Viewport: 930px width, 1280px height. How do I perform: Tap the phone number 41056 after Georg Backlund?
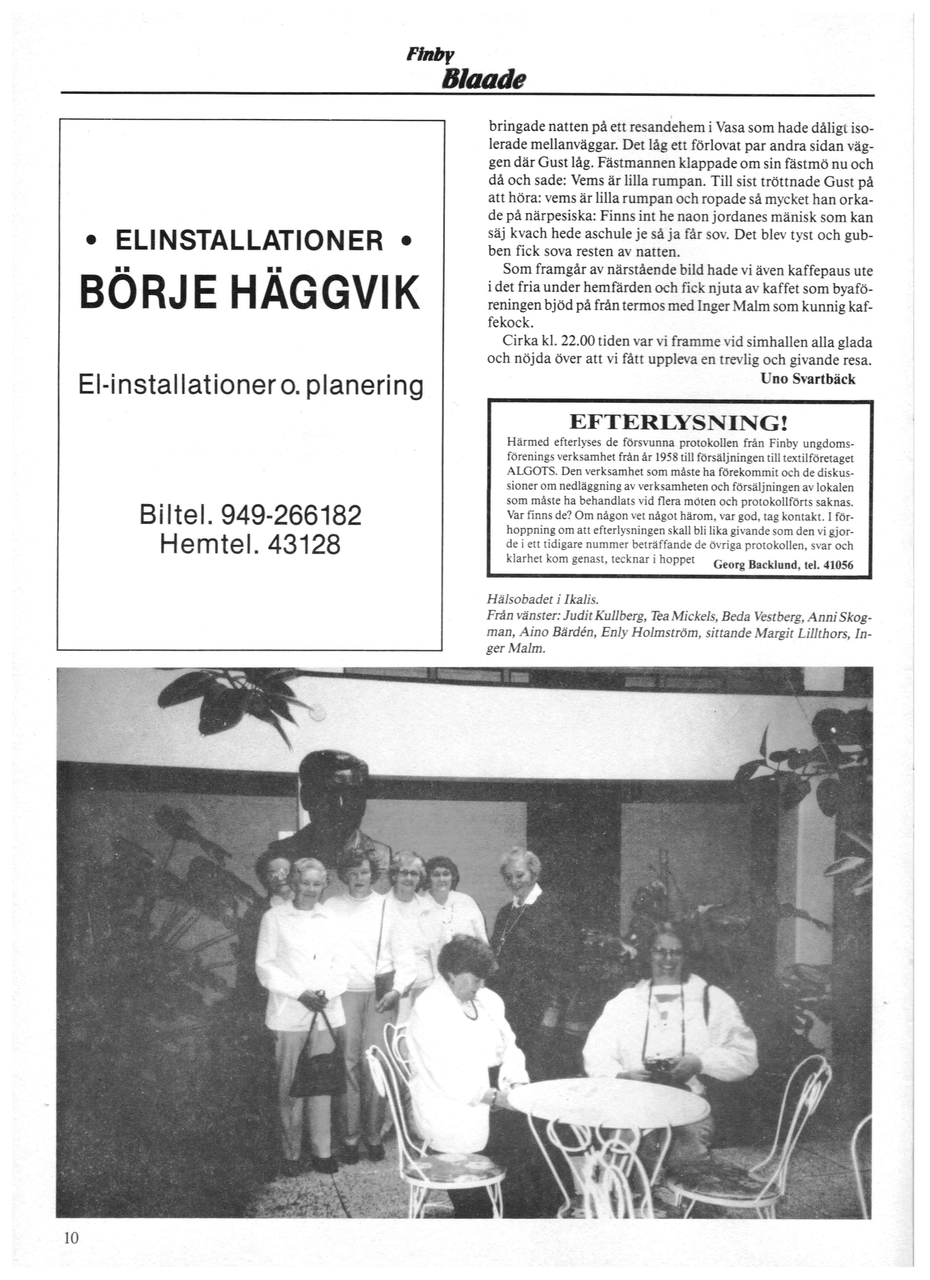pos(839,565)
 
